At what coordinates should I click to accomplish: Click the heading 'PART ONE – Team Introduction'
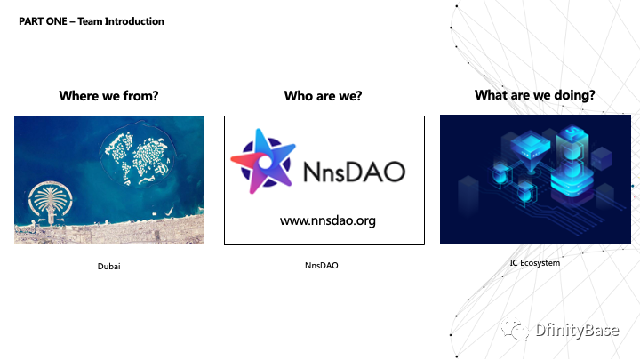92,21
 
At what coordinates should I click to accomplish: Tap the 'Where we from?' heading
108,96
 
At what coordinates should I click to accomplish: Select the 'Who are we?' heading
323,96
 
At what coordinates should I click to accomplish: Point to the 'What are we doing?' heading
535,95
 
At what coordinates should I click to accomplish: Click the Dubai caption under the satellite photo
109,266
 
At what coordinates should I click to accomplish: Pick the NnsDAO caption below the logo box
322,265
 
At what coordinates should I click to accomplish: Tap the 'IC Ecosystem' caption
535,263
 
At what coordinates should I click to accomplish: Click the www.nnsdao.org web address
328,220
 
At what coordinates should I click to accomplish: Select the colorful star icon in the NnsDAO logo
263,161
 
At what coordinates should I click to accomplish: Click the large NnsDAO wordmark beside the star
355,172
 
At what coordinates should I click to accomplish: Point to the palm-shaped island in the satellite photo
50,203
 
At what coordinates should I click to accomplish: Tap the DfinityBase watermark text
577,330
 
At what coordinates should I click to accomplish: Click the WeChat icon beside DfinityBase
515,330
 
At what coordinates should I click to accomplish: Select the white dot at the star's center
265,163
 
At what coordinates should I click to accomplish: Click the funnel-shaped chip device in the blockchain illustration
531,151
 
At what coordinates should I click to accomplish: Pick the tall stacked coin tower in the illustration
572,164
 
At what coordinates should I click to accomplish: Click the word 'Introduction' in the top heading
134,21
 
